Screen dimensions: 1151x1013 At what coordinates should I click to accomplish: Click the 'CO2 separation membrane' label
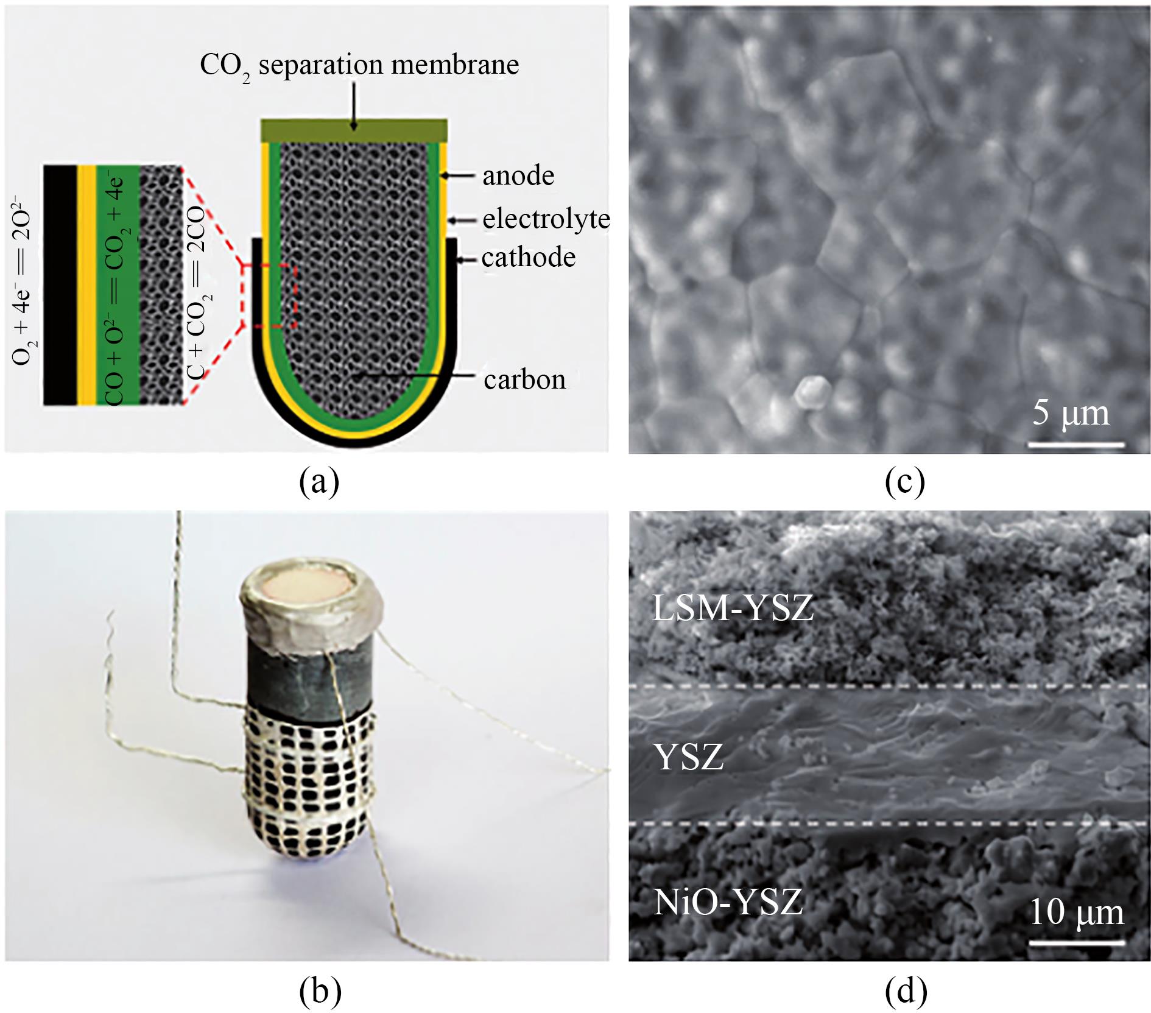359,65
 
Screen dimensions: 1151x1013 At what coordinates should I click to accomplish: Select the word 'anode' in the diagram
518,176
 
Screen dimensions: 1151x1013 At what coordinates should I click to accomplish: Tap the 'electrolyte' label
546,219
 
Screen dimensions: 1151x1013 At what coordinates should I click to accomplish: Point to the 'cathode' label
529,258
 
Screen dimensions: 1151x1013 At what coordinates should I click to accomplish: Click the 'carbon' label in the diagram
524,380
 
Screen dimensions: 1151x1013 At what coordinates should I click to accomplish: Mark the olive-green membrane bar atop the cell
354,130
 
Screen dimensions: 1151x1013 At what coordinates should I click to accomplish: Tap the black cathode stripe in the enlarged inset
60,284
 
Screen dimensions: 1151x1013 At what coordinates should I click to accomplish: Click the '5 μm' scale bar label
1072,413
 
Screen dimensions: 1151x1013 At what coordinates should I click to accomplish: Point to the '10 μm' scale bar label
1077,912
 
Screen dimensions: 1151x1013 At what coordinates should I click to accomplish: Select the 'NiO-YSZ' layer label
728,902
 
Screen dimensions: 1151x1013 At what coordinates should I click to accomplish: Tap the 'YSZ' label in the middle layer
689,757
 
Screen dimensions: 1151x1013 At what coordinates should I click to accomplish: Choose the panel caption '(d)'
906,991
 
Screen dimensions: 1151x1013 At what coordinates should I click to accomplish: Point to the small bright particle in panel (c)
812,392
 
